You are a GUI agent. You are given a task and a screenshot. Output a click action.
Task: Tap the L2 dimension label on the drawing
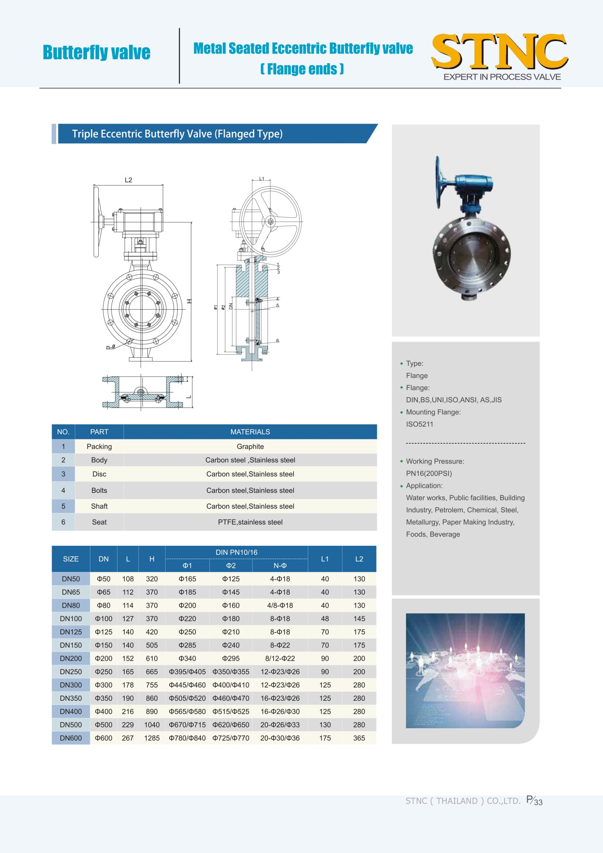click(x=129, y=180)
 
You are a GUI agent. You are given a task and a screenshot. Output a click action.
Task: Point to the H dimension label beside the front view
click(x=190, y=301)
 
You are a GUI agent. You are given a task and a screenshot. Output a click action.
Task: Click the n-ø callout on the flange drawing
click(x=110, y=347)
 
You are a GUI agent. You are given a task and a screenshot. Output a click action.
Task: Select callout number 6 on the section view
click(x=278, y=341)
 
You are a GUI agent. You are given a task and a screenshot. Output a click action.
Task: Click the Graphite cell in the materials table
click(x=250, y=446)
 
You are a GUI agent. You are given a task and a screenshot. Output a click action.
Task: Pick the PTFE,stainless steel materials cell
click(x=250, y=522)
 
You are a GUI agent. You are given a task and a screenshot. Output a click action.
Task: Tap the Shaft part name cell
click(x=99, y=506)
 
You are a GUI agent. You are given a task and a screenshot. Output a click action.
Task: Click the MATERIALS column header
click(x=250, y=432)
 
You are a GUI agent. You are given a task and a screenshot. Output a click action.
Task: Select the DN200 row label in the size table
click(x=71, y=659)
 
